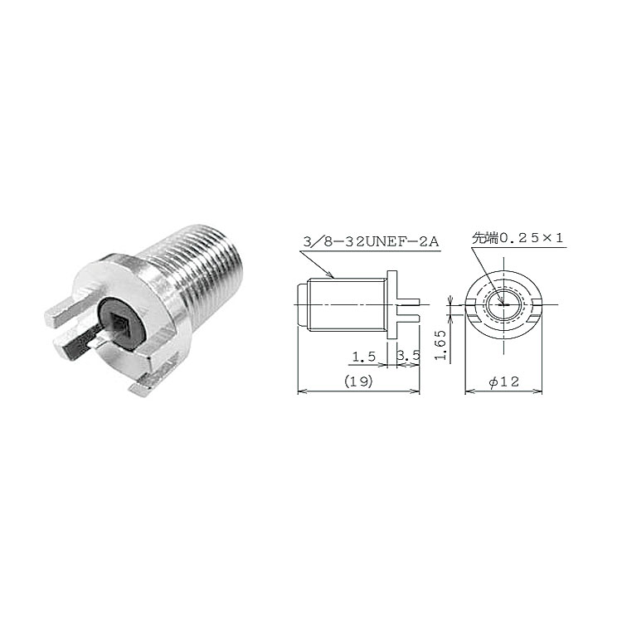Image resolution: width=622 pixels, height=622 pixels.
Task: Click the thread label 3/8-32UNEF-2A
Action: (371, 241)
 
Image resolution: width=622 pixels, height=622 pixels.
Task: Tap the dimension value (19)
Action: (358, 381)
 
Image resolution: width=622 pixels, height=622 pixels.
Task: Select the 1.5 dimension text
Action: (364, 357)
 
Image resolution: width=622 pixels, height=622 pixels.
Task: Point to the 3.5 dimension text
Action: (408, 356)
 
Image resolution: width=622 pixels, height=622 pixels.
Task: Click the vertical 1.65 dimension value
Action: (440, 345)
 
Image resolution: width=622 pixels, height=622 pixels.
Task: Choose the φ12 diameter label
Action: (504, 381)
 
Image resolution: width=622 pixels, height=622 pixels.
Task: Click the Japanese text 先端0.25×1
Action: (518, 238)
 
